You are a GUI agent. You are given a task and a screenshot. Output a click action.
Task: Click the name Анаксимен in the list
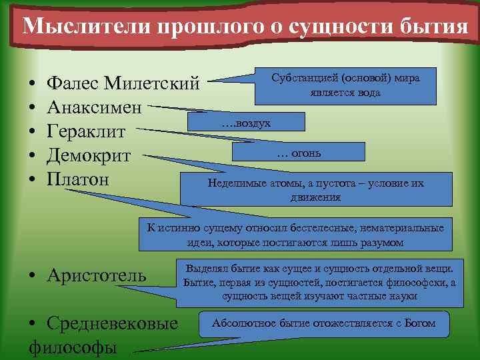click(x=95, y=107)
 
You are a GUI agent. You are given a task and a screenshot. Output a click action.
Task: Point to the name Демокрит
click(x=89, y=155)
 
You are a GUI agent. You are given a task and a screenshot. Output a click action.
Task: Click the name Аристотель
click(x=97, y=275)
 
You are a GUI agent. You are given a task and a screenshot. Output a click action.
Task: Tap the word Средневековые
click(x=113, y=323)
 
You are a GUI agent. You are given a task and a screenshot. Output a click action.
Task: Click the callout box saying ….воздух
click(x=247, y=122)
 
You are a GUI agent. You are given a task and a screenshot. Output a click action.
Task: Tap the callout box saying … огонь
click(x=299, y=153)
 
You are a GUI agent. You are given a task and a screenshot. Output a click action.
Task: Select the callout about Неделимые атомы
click(x=315, y=190)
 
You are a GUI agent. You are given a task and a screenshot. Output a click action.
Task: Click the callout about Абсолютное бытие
click(x=323, y=324)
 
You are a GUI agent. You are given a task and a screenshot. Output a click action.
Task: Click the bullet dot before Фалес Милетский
click(x=33, y=85)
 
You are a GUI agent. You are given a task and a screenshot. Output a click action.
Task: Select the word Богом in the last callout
click(x=419, y=324)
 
